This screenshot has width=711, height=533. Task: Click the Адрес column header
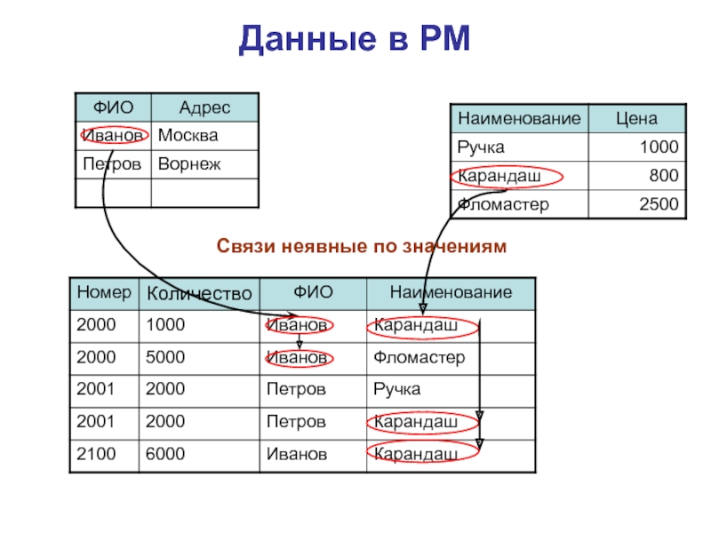(x=204, y=107)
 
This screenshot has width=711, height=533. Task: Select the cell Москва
(x=188, y=136)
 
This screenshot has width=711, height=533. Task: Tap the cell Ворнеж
(x=189, y=165)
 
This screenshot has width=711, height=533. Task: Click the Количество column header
(x=199, y=293)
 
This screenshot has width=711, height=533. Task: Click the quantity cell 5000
(x=165, y=358)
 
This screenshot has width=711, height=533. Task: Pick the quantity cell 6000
(x=165, y=454)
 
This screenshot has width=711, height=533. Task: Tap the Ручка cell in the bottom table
(x=397, y=389)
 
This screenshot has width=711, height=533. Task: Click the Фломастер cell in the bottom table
(x=419, y=358)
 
